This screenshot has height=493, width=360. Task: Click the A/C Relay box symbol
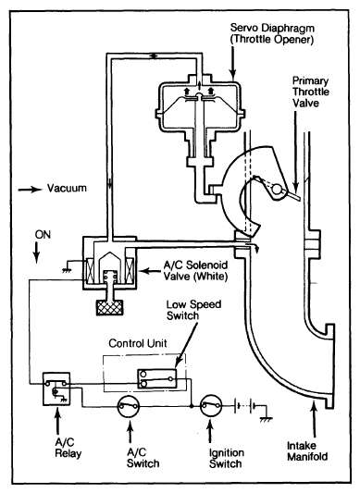(x=56, y=388)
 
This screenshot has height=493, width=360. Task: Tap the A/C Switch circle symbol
(x=129, y=406)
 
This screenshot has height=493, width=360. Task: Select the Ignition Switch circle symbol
(x=212, y=406)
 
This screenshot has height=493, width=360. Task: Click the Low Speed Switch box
(x=156, y=379)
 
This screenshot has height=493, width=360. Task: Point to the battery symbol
(x=244, y=406)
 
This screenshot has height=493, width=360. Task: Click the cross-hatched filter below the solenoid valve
(x=109, y=307)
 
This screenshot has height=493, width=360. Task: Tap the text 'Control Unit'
(x=138, y=343)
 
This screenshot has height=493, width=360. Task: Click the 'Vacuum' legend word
(x=67, y=188)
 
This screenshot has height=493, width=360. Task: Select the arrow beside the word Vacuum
(x=30, y=190)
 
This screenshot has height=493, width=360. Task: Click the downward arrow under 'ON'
(x=37, y=253)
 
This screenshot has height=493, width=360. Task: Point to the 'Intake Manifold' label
(x=307, y=450)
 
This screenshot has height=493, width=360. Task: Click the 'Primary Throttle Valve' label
(x=310, y=92)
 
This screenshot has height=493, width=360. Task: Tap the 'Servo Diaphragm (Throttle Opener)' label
(x=272, y=33)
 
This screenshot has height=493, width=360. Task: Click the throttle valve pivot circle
(x=277, y=190)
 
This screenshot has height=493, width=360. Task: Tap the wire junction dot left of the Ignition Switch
(x=192, y=406)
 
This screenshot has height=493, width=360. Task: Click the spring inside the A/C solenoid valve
(x=109, y=276)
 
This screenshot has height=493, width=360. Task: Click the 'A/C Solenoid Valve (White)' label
(x=195, y=270)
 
